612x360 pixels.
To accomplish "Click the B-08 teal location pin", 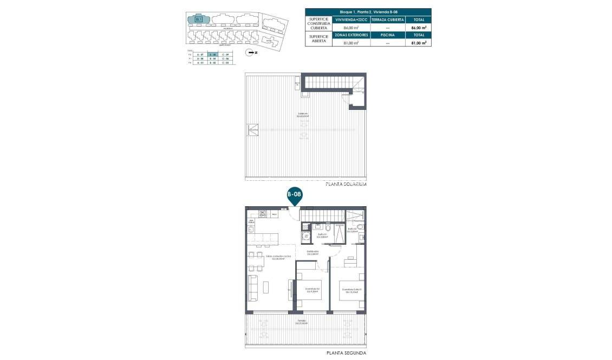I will (294, 195).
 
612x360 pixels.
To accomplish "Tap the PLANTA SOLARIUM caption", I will (346, 184).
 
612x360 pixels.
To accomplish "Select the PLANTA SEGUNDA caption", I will (346, 353).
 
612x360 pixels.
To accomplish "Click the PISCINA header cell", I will (387, 35).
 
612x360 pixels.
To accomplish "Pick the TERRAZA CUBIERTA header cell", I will (387, 19).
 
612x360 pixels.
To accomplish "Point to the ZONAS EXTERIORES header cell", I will (351, 35).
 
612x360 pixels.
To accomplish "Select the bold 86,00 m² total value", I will (419, 27).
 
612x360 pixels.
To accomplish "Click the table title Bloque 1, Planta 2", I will (368, 11).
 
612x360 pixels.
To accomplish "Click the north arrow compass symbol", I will (250, 53).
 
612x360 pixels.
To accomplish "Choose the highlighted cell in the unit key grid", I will (213, 55).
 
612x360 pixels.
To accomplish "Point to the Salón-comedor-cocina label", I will (278, 257).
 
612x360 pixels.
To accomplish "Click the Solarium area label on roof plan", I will (302, 115).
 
